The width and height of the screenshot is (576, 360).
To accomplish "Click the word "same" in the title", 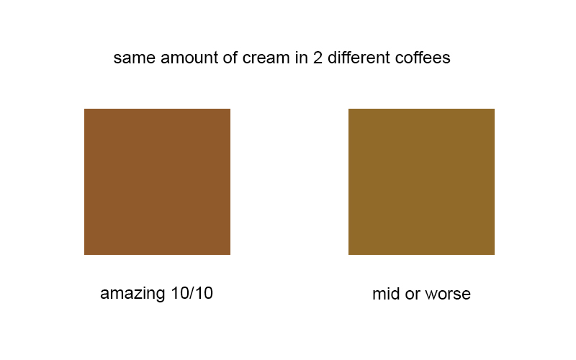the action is [x=135, y=58].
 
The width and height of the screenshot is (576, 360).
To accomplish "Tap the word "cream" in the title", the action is [x=266, y=58].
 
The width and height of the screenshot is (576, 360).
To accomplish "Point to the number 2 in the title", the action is [x=318, y=58].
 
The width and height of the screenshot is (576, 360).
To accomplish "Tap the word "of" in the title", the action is [x=230, y=58].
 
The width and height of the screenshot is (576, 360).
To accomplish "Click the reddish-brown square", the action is [x=157, y=181].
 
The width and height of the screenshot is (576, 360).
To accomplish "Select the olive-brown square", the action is [x=421, y=181].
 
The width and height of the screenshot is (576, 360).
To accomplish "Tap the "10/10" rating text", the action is [x=192, y=293].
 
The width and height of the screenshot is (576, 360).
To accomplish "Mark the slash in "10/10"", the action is [x=192, y=293].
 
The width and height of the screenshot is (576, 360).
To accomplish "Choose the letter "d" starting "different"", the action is [x=333, y=58].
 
